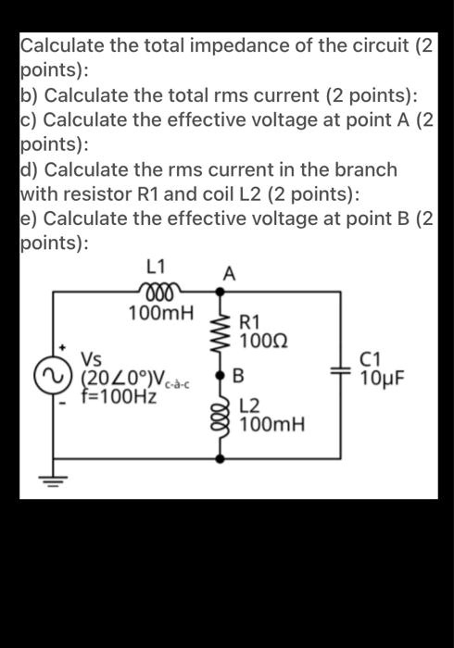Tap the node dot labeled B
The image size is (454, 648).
[221, 377]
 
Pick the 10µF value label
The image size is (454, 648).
[381, 379]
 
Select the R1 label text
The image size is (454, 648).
[250, 324]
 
